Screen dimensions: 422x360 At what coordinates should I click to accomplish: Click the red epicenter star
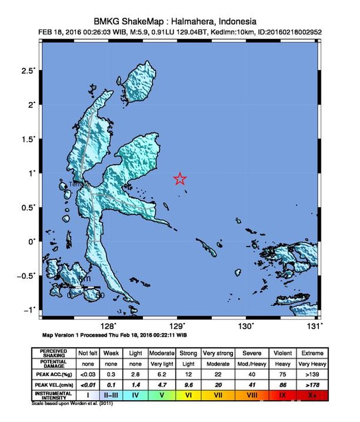[x=180, y=179]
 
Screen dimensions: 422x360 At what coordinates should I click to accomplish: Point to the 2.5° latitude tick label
[x=28, y=71]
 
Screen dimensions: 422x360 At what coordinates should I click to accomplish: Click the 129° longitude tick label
[x=177, y=326]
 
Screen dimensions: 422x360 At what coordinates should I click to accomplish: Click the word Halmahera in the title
[x=193, y=22]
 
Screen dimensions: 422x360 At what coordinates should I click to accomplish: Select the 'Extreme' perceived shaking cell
[x=313, y=354]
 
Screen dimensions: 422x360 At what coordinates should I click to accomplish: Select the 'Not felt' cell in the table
[x=87, y=354]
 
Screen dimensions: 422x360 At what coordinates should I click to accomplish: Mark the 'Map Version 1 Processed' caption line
[x=114, y=335]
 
